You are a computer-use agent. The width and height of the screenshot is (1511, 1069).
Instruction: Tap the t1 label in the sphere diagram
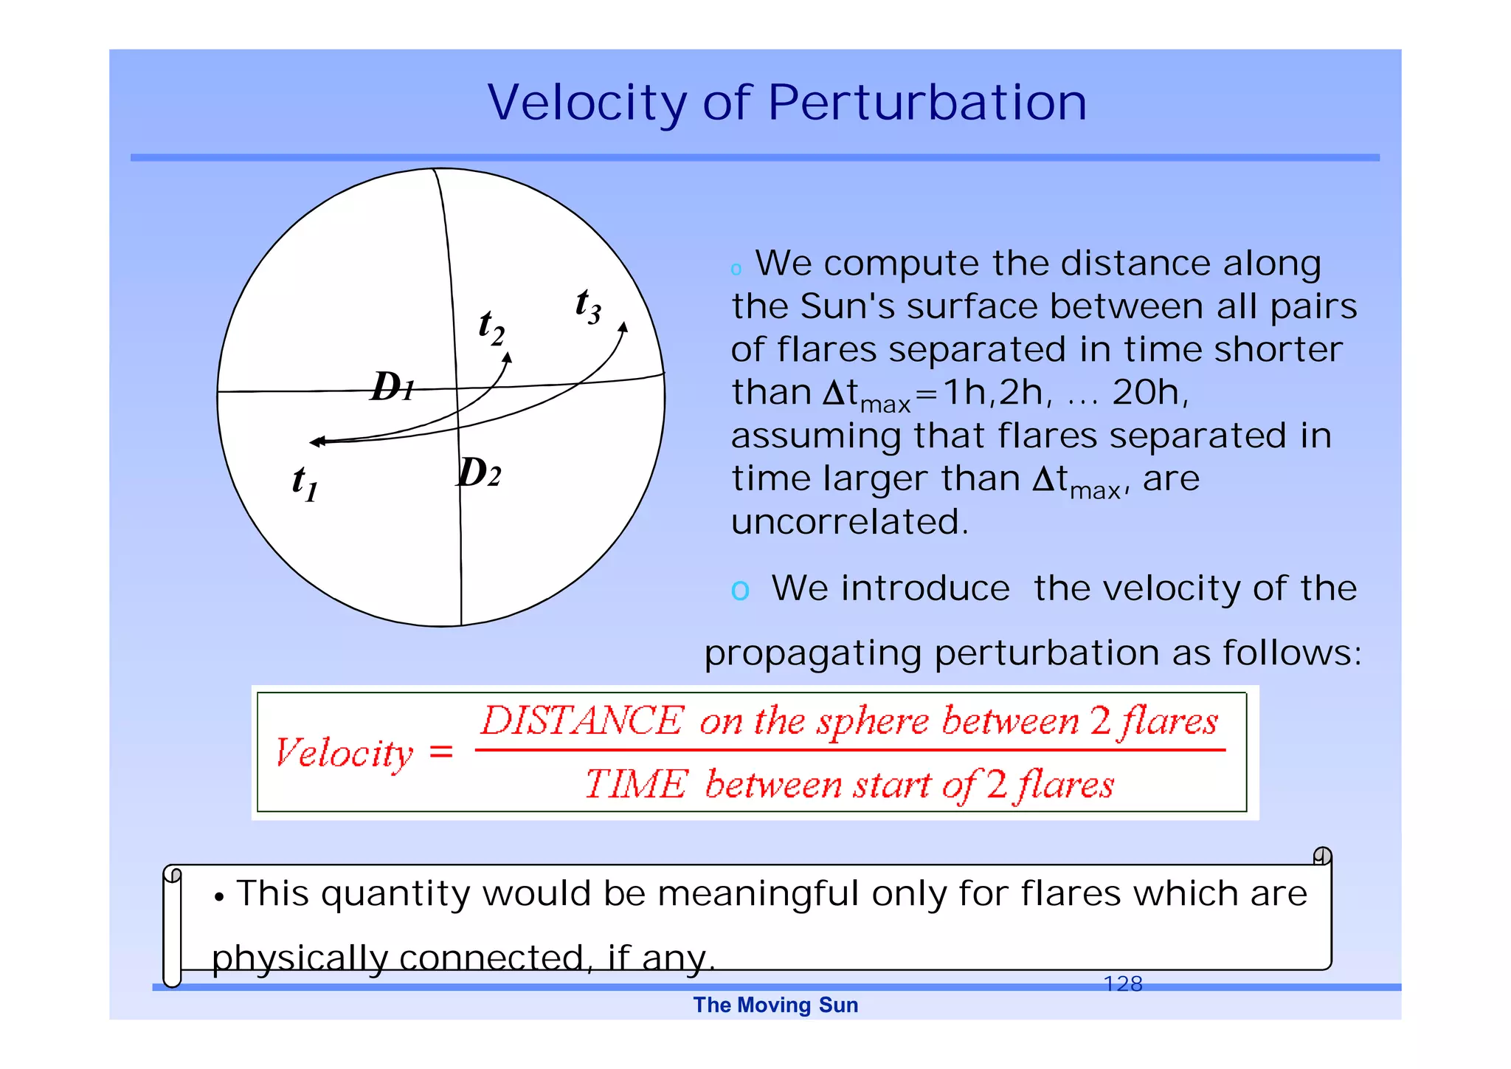(305, 483)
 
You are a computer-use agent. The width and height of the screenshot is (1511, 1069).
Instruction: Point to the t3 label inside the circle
(588, 305)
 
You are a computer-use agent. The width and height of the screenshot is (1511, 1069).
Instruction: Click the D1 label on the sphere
(392, 386)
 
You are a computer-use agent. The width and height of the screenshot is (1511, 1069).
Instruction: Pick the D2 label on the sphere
(479, 472)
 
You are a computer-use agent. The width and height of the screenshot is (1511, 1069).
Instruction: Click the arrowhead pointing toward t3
(623, 327)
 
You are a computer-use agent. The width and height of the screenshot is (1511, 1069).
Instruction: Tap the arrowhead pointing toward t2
(508, 357)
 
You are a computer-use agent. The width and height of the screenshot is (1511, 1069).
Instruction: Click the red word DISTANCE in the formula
(582, 721)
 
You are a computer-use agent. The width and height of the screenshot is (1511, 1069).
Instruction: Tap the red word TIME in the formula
(636, 784)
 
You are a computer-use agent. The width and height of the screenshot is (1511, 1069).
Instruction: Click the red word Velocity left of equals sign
(344, 753)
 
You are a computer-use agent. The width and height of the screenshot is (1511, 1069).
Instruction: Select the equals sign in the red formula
(440, 752)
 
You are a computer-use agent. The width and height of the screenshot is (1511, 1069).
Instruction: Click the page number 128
(1122, 983)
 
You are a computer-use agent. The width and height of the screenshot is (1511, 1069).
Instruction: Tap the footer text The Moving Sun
(775, 1005)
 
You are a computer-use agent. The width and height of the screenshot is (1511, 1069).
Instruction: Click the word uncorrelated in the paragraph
(848, 522)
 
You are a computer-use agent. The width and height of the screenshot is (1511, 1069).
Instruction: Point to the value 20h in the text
(1148, 392)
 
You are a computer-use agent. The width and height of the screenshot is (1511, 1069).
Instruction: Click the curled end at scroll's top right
(1322, 856)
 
